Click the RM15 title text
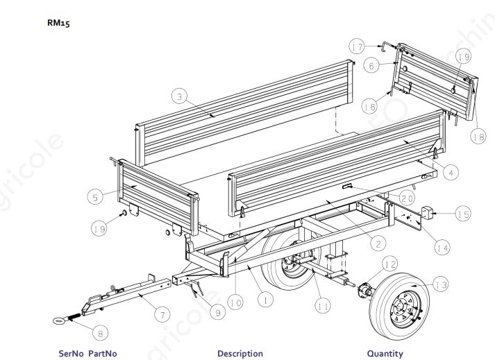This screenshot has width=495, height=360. coord(58,23)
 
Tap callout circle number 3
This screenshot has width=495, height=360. coord(179,98)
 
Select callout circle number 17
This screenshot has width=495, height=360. coord(357,47)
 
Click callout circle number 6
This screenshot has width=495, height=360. coord(371,65)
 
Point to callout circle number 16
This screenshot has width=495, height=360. coord(369,106)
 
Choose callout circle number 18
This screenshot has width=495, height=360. coord(478,137)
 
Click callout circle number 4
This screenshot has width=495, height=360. coord(451,173)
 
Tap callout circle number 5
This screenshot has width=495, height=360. coord(97,196)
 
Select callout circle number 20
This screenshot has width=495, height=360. coord(408,198)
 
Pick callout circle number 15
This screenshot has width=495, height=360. coord(462,214)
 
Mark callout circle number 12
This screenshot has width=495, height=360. coord(389,264)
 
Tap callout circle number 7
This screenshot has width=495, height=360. coord(161,315)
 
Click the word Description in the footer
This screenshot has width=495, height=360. coord(240,353)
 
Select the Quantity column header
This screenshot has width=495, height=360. coord(385,353)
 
